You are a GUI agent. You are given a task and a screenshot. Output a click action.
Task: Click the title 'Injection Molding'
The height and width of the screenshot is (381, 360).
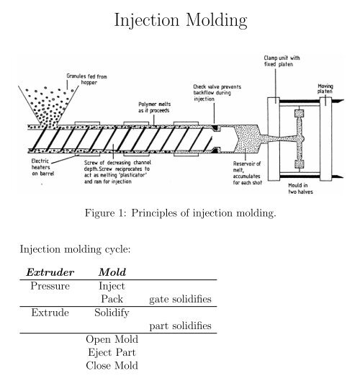(x=179, y=22)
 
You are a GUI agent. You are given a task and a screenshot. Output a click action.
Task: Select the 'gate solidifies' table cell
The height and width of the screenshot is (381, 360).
(x=180, y=299)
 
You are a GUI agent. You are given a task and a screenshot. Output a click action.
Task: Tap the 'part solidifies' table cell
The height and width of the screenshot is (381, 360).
(x=180, y=326)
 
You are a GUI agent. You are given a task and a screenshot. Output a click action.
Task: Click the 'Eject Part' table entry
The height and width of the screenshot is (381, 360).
(x=112, y=353)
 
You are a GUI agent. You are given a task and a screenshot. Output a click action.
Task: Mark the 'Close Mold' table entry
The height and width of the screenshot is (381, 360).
(x=112, y=366)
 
